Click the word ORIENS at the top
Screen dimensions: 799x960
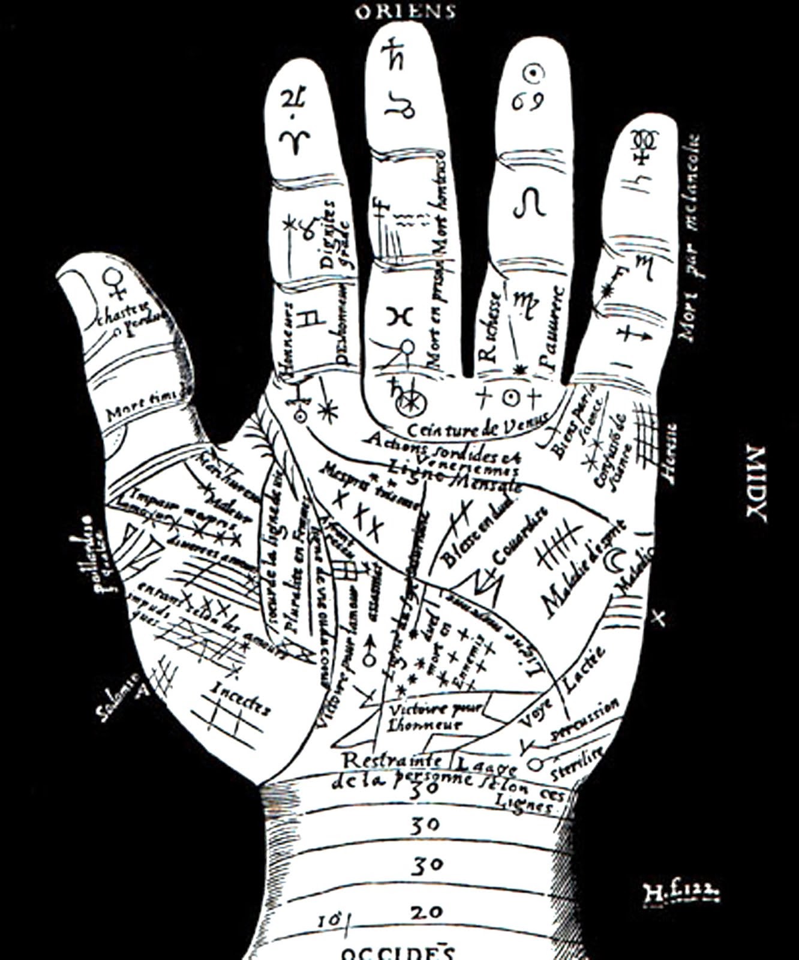(x=405, y=11)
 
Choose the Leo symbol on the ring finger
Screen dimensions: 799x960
(x=530, y=203)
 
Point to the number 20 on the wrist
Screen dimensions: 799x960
(x=426, y=913)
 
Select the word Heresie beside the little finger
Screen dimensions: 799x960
(x=669, y=453)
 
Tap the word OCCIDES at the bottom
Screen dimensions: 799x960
(x=398, y=952)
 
